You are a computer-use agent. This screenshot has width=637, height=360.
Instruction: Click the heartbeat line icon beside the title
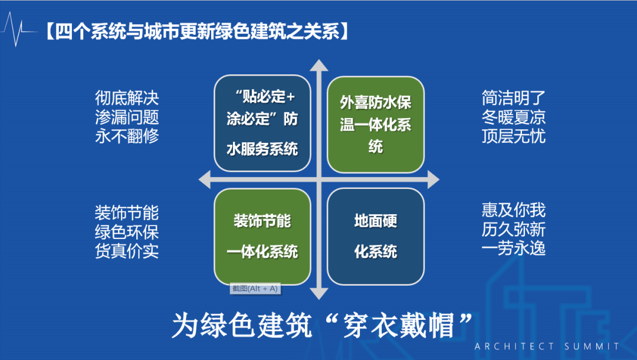click(x=18, y=29)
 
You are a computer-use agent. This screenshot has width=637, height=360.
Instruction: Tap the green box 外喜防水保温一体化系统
click(x=376, y=123)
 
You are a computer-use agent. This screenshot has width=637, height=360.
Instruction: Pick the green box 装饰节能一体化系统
click(x=262, y=236)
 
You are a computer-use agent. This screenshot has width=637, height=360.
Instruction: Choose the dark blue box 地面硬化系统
click(x=376, y=236)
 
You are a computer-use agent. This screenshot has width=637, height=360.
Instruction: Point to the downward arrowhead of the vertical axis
click(x=319, y=293)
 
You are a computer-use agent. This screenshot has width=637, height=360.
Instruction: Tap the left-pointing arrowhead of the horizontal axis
click(x=205, y=179)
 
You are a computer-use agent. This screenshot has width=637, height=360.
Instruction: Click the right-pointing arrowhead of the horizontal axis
click(x=434, y=179)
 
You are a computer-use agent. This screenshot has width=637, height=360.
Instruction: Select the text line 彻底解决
click(x=127, y=97)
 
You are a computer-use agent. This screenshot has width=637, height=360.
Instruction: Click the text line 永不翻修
click(x=127, y=136)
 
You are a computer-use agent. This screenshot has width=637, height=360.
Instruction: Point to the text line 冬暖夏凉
click(x=513, y=117)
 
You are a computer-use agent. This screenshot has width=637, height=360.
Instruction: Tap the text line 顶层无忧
click(x=513, y=136)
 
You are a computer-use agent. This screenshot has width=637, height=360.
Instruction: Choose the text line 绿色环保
click(x=127, y=231)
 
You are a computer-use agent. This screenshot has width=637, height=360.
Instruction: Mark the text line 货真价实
click(x=127, y=251)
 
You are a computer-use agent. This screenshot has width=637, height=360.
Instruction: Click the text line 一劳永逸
click(x=513, y=248)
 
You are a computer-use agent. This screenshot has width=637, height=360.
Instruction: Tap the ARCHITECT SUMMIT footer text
click(x=547, y=346)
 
